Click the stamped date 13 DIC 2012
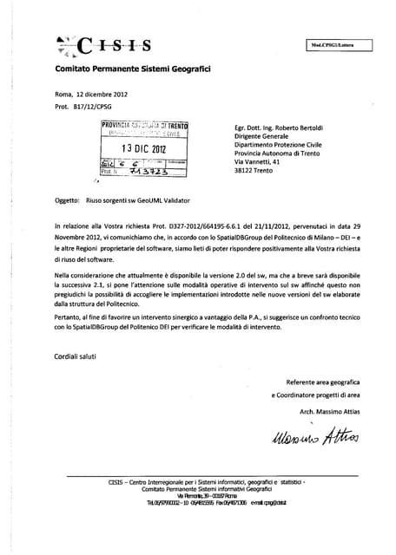tap(144, 147)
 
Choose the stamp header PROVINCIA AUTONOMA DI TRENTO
tap(144, 127)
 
